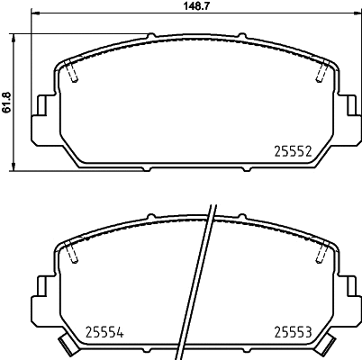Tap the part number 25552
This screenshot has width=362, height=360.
(x=293, y=152)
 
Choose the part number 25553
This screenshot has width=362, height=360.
(x=293, y=329)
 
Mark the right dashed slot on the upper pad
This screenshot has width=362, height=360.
(x=319, y=76)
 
